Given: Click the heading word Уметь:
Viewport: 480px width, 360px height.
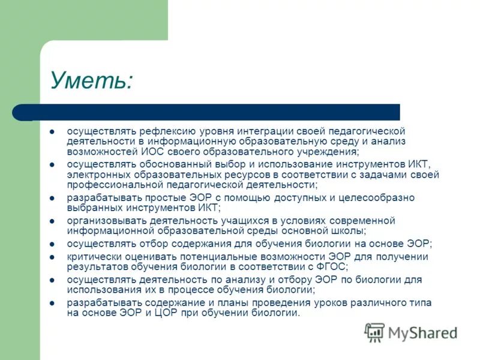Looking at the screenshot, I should (91, 80).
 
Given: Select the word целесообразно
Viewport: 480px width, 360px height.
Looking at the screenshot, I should (377, 197).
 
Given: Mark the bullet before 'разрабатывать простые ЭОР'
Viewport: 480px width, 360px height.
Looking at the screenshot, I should (52, 197).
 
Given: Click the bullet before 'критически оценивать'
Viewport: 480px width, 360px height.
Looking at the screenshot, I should (52, 257).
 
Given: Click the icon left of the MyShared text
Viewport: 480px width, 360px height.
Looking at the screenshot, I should (374, 332).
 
